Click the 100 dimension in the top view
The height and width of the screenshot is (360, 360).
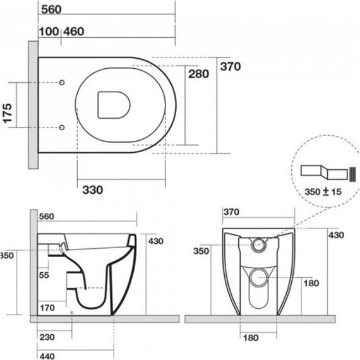click(x=47, y=32)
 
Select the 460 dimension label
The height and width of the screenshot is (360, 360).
click(x=75, y=32)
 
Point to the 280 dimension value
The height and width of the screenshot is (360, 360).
click(x=197, y=74)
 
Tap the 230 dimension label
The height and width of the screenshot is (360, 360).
click(x=47, y=338)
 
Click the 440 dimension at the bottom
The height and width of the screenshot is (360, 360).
click(x=47, y=356)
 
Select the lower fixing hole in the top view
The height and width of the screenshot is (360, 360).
click(x=61, y=128)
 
